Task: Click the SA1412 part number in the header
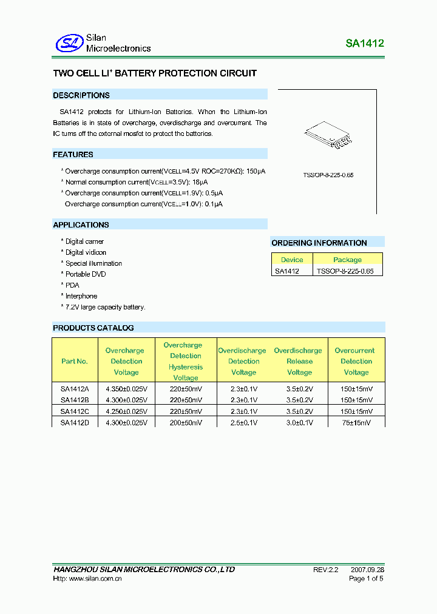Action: tap(365, 44)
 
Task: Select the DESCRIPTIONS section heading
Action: tap(81, 95)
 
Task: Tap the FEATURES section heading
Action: tap(73, 155)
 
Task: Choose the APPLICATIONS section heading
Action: tap(81, 225)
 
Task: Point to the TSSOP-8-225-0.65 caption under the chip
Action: tap(328, 175)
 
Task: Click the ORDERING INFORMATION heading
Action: tap(319, 243)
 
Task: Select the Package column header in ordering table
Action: tap(347, 260)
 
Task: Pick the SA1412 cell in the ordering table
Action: tap(286, 271)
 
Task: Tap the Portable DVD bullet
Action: tap(85, 274)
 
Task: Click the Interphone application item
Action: tap(81, 296)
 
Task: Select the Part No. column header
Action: tap(75, 361)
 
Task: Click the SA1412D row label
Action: tap(75, 422)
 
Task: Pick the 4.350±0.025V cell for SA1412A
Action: tap(126, 389)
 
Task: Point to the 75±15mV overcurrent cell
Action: tap(356, 422)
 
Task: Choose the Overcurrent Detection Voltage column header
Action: tap(356, 361)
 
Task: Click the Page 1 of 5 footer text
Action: tap(366, 579)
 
